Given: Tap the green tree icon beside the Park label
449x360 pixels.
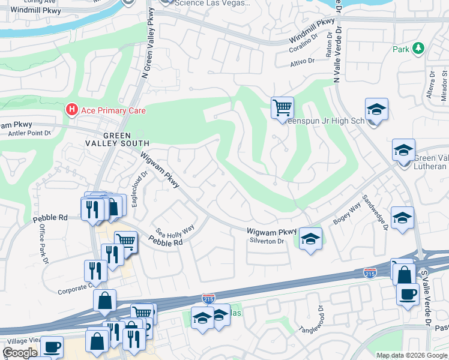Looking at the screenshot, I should [418, 49].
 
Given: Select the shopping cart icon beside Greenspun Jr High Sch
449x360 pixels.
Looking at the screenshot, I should [282, 108].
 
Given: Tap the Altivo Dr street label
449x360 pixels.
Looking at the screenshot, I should [302, 62].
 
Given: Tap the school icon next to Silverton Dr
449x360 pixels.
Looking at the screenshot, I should [310, 239].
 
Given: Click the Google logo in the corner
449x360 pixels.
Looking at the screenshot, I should [19, 353].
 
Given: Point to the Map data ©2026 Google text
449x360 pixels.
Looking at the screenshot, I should [412, 355].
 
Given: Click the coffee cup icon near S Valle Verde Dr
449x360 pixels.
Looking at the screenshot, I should [408, 295].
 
